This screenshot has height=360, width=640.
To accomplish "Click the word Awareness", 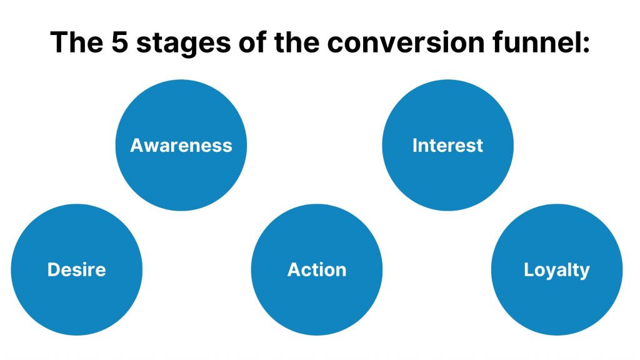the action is tap(181, 145).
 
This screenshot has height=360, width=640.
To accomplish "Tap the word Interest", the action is tap(447, 145).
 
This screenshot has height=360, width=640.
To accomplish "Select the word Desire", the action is tap(77, 270).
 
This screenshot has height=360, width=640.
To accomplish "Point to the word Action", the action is tap(317, 270).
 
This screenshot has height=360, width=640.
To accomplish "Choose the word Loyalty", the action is tap(557, 271).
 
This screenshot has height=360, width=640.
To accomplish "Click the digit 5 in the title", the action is tap(120, 42).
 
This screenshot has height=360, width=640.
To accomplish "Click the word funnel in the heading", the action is tap(535, 42).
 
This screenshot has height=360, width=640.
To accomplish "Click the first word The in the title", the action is tap(77, 42).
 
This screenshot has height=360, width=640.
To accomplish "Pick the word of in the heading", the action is tap(252, 42).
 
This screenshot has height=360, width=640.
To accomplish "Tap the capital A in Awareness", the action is tap(137, 145).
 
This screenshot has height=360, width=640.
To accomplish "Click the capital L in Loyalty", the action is tap(529, 270).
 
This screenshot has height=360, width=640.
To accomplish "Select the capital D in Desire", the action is tap(54, 270).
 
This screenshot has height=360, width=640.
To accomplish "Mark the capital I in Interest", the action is tap(415, 145).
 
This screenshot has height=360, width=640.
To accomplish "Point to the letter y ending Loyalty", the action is tap(585, 272).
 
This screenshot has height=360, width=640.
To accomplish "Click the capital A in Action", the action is tap(295, 270).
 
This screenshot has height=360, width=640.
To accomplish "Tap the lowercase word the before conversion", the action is tap(297, 42).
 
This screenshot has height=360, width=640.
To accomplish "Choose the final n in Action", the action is tap(341, 272).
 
